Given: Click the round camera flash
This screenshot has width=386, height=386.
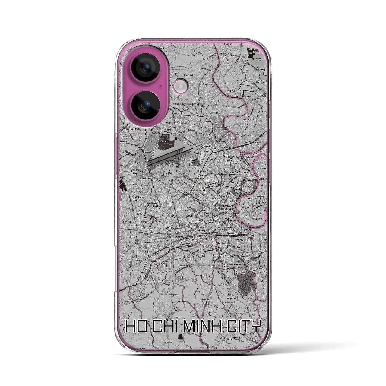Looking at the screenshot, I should (180, 87).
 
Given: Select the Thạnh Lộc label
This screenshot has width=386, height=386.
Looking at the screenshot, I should (207, 84).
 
